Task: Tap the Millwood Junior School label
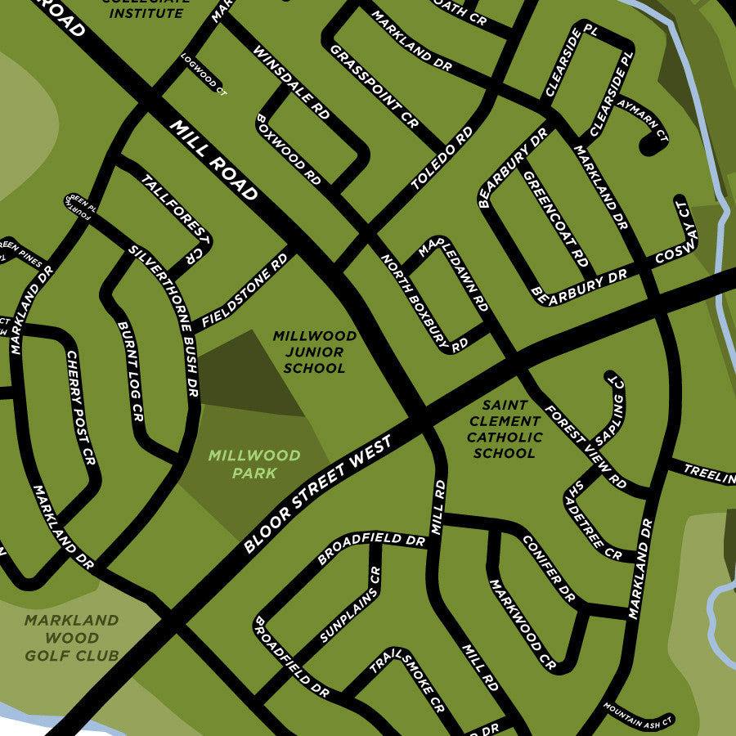(315, 352)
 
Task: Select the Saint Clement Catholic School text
(505, 429)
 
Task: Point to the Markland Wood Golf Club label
(72, 638)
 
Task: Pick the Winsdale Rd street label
(291, 83)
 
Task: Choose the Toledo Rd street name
(442, 158)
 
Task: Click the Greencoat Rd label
(556, 219)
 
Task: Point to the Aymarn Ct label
(651, 127)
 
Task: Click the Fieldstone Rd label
(245, 290)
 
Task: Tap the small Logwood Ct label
(204, 74)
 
